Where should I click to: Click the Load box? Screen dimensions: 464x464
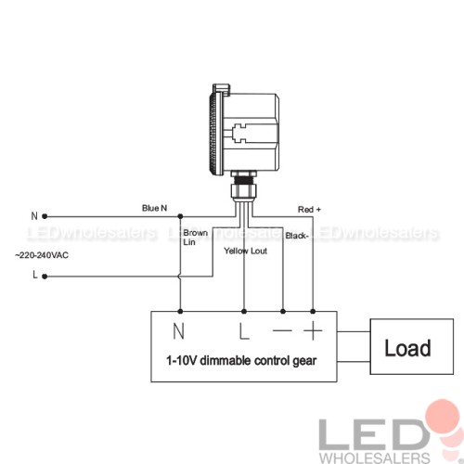pos(412,346)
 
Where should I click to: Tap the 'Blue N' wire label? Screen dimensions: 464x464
pos(154,208)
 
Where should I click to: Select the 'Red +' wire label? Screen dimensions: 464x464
pos(309,210)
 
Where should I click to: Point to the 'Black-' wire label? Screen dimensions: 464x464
pos(297,236)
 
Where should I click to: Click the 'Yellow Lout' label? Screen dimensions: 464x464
pos(245,251)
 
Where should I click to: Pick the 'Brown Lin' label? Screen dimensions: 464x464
pos(195,238)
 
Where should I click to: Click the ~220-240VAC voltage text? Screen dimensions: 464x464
pos(42,255)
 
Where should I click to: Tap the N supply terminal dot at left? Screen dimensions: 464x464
pos(45,216)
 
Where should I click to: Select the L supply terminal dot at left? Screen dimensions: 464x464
pos(45,277)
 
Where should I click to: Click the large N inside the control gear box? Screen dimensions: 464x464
pos(178,331)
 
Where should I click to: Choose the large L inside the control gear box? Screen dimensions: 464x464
pos(244,331)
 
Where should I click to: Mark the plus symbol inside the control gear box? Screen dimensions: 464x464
pos(313,330)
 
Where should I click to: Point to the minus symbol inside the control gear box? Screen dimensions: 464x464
pos(282,330)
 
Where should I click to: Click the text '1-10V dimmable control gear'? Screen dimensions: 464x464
pos(241,361)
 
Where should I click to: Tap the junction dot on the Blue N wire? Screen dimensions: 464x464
pos(180,216)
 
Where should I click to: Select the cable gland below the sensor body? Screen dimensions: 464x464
pos(243,187)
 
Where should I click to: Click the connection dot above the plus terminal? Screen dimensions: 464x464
pos(313,311)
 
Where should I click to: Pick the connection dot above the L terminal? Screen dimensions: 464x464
pos(244,311)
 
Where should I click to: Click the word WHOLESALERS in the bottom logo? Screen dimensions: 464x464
pos(375,458)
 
